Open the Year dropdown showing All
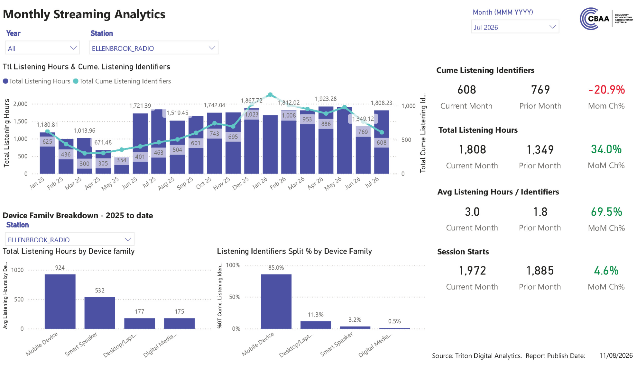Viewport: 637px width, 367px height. (42, 48)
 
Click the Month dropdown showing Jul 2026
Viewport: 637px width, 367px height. (515, 27)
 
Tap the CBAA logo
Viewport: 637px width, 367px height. (606, 19)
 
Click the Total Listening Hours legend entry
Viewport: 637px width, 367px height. (36, 81)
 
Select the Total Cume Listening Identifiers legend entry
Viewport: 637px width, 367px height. (122, 81)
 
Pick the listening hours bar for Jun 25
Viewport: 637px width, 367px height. (140, 143)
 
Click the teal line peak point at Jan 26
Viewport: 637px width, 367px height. (270, 95)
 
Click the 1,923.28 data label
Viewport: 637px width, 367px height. (326, 99)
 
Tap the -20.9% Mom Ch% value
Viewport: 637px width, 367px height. (606, 90)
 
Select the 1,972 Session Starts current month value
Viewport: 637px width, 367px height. (472, 271)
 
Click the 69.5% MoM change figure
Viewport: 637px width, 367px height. (606, 212)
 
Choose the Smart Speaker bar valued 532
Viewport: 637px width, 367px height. (100, 313)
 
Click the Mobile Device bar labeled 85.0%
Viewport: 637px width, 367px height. (276, 301)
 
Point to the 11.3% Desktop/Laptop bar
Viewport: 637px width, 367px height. (316, 325)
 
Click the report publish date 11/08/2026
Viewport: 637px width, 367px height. (616, 355)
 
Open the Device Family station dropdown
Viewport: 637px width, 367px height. (69, 239)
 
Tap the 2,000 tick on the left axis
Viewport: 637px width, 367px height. (20, 104)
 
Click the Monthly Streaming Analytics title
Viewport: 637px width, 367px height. (84, 14)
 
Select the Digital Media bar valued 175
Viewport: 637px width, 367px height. (179, 323)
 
